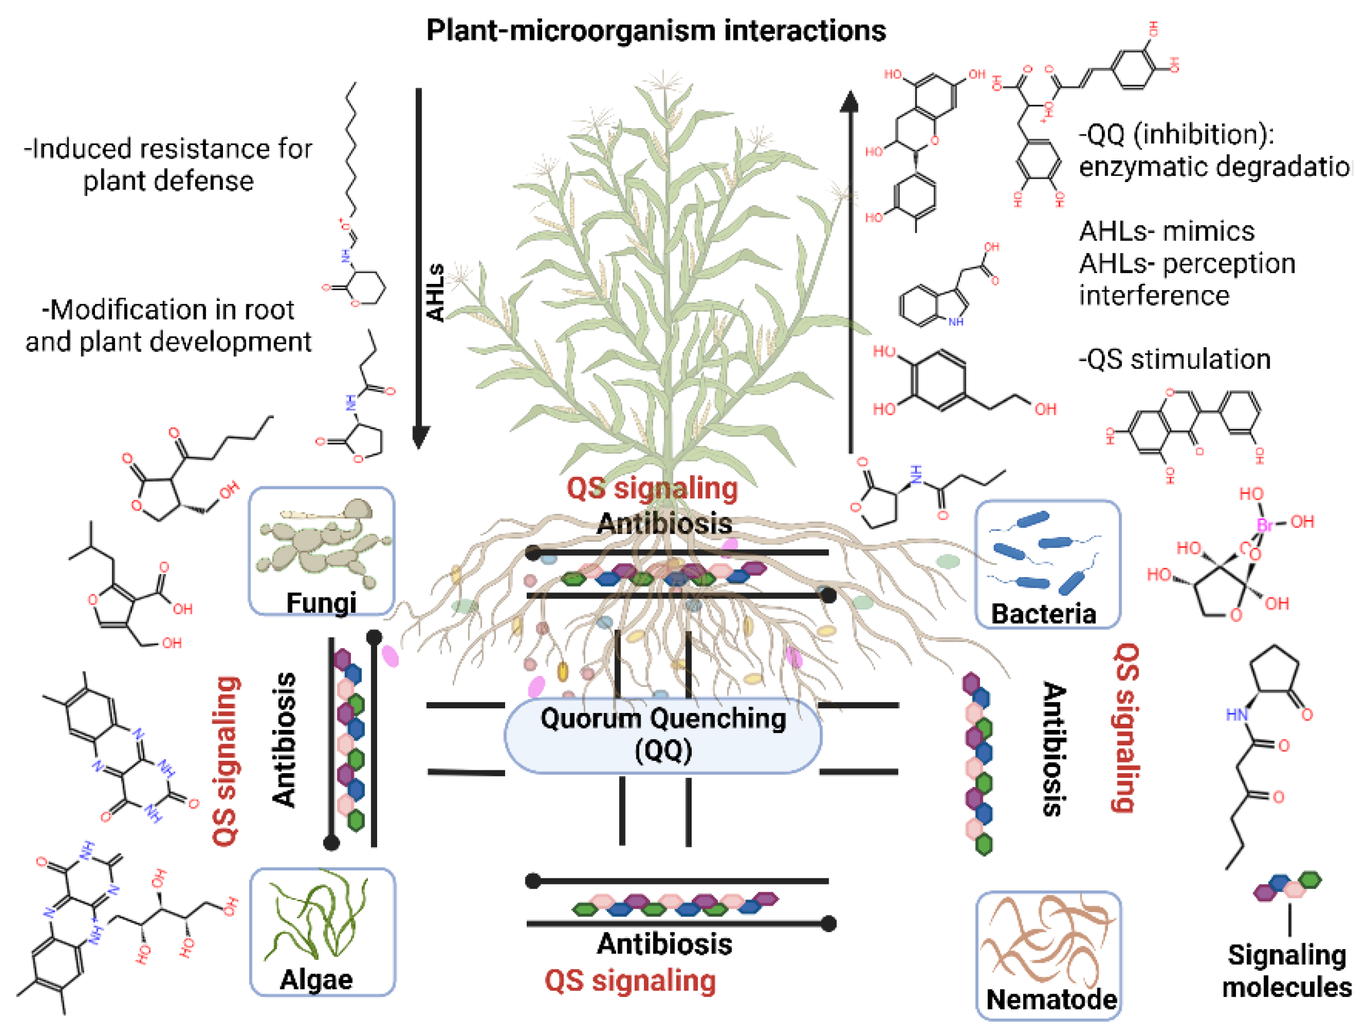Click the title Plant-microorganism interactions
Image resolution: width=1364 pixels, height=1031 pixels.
[x=655, y=31]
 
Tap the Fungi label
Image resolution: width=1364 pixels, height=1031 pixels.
[x=321, y=602]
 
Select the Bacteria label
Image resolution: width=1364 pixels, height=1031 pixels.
[x=1043, y=614]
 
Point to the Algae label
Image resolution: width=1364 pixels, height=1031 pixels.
[x=316, y=979]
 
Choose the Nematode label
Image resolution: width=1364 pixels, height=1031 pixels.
[x=1051, y=999]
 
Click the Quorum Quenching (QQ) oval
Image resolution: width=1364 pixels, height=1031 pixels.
[x=663, y=735]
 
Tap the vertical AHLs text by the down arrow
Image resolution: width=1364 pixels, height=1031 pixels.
[x=436, y=292]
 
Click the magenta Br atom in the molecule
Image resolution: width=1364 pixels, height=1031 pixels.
[x=1264, y=525]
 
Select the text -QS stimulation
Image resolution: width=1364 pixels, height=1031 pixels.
[x=1175, y=359]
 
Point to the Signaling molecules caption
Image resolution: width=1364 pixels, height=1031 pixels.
[x=1286, y=971]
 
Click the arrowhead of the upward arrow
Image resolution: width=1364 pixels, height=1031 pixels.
[x=850, y=102]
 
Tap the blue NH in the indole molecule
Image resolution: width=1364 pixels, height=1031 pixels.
[x=956, y=321]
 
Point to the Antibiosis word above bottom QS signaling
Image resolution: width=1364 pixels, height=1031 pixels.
[x=664, y=943]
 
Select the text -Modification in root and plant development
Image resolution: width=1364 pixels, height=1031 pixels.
[x=168, y=325]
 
